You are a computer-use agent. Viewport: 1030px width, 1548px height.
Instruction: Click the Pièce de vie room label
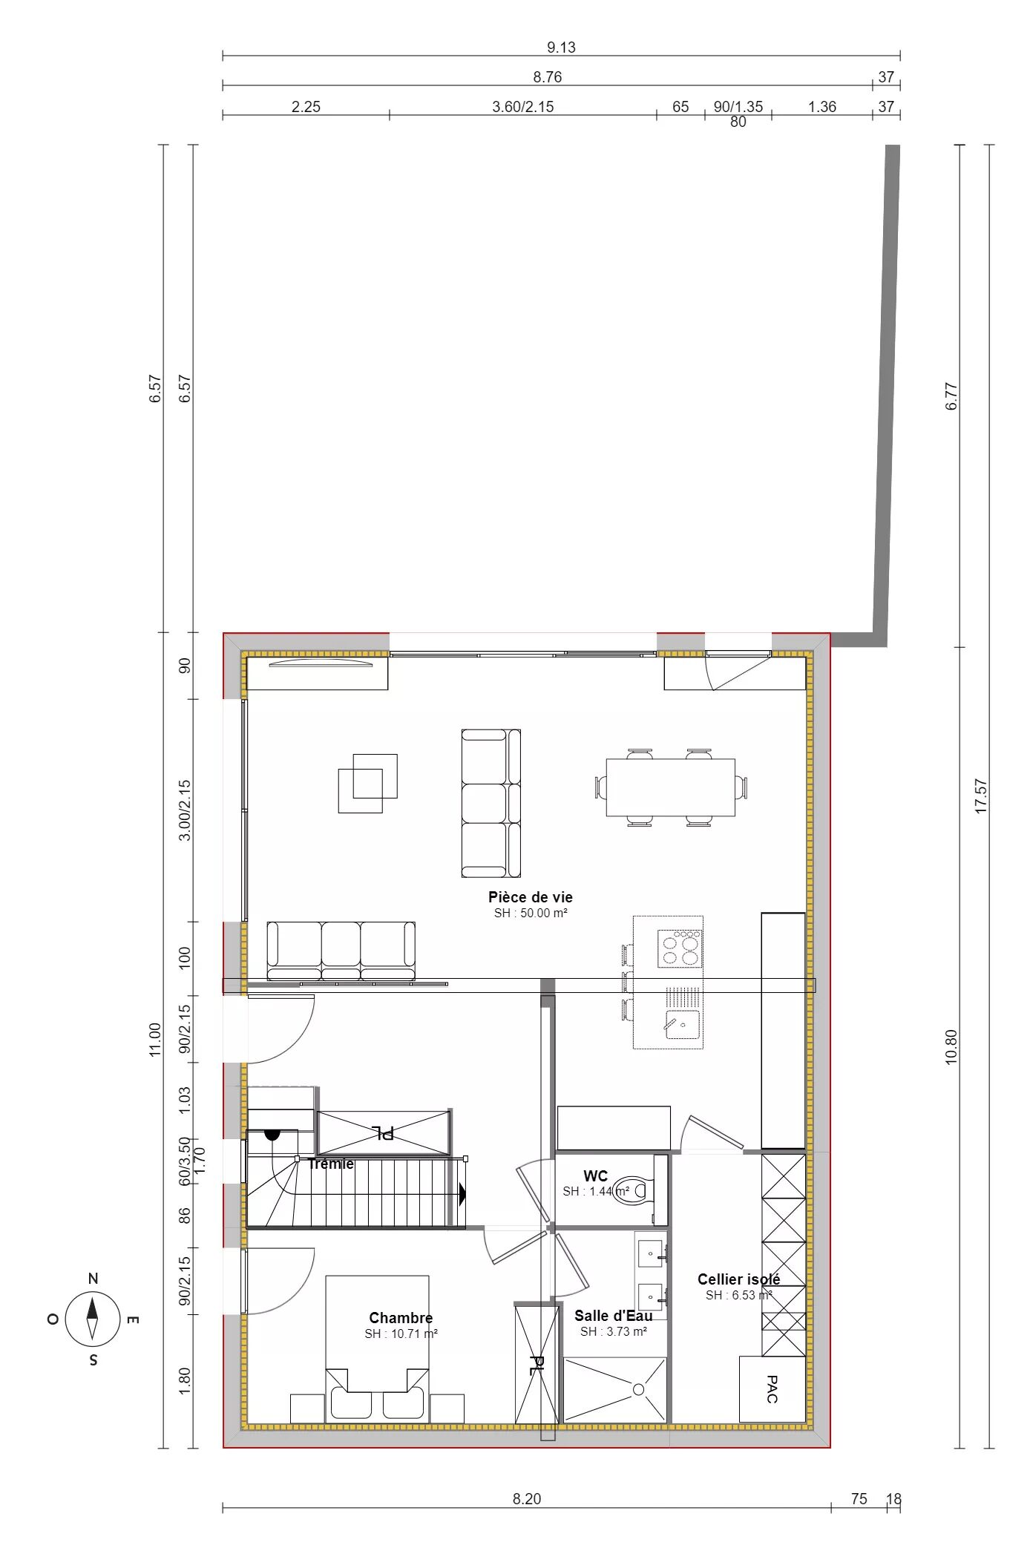click(x=530, y=897)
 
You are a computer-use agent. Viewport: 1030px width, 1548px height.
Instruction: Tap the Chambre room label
click(x=401, y=1318)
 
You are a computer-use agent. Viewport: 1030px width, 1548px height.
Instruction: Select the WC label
click(x=595, y=1176)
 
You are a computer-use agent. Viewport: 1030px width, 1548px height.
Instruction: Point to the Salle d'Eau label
click(x=614, y=1316)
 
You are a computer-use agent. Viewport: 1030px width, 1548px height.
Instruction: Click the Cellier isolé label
click(x=738, y=1279)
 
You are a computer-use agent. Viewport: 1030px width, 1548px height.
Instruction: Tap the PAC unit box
click(x=772, y=1389)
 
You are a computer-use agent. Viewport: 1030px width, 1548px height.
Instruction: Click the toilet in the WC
click(x=633, y=1190)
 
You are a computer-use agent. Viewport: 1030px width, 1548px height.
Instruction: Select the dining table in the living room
click(x=671, y=787)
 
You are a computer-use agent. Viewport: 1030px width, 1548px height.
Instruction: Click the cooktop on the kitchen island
click(x=679, y=948)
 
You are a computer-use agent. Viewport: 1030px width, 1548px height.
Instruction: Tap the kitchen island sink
click(x=682, y=1024)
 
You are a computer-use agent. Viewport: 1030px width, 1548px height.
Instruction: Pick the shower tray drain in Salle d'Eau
click(x=638, y=1389)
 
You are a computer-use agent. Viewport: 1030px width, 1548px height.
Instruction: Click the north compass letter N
click(x=93, y=1279)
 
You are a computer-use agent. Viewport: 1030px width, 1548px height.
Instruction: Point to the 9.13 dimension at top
click(x=561, y=47)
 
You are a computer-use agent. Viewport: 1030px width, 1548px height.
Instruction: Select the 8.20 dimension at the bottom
click(x=527, y=1499)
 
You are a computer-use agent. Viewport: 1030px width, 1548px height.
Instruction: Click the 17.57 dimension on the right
click(x=981, y=796)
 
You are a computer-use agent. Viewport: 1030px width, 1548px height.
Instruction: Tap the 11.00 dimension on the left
click(x=154, y=1040)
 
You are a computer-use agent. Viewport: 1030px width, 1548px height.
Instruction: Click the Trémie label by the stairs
click(x=331, y=1164)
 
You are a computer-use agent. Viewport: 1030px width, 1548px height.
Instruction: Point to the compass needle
click(x=92, y=1319)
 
